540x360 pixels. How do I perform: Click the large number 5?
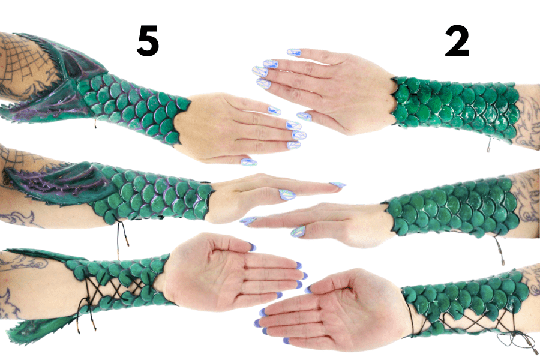pos(148,41)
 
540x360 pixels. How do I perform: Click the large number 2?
pos(457,41)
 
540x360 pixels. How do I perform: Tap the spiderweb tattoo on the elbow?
pos(24,64)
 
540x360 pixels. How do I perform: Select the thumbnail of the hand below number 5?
pos(248,162)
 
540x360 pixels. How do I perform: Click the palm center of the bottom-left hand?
pos(203,272)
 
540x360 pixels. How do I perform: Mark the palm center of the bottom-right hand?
pos(362,310)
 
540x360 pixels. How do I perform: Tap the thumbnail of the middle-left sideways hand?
pos(287,194)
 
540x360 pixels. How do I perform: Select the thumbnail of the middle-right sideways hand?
pos(298,232)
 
